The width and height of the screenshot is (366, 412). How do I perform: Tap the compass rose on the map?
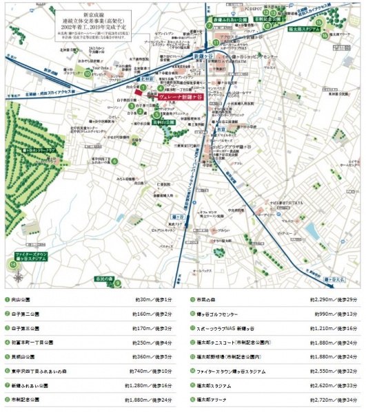click(x=18, y=278)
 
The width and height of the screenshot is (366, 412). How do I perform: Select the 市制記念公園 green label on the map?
click(x=267, y=21)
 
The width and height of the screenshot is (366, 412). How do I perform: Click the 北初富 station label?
click(x=147, y=80)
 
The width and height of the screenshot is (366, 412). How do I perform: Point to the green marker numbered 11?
click(x=215, y=42)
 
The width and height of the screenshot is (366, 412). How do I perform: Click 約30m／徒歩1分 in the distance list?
click(x=151, y=300)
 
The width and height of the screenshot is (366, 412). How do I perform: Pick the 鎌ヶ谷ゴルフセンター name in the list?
click(x=221, y=312)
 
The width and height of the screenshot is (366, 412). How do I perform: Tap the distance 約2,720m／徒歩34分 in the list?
click(x=336, y=399)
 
